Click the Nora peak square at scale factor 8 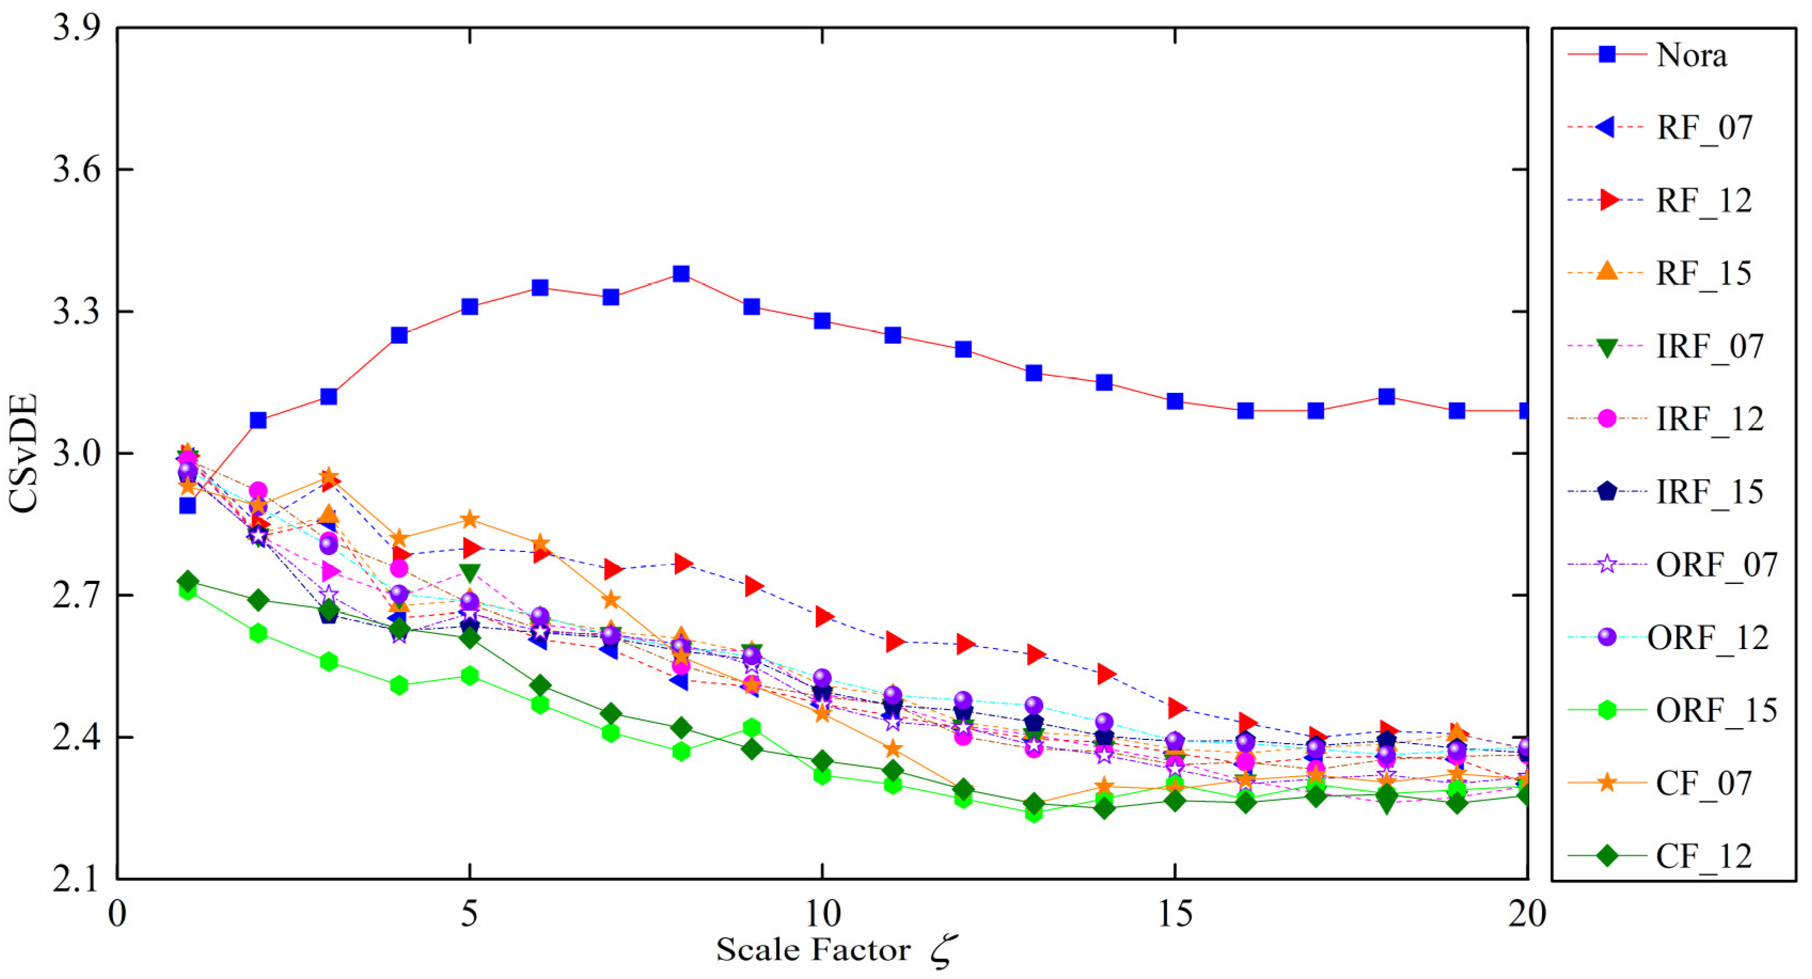(681, 274)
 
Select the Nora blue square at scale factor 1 (187, 505)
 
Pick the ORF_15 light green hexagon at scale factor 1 (187, 591)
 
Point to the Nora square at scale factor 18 (1386, 397)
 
